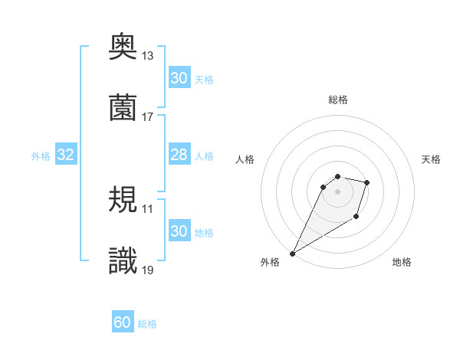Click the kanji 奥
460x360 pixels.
pos(123,47)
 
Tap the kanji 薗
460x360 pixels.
pos(123,108)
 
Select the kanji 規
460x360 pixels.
pos(123,201)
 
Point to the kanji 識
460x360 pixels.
pos(123,261)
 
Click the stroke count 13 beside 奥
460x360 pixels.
pos(148,56)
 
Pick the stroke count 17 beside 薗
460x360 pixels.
pos(148,116)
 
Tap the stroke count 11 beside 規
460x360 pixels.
pos(148,208)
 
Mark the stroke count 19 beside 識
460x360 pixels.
pos(148,270)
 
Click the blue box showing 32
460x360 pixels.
pos(66,155)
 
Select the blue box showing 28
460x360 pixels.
pos(179,155)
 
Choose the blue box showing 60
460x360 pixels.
pos(123,323)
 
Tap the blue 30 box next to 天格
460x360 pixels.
pos(179,78)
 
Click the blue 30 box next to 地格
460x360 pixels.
pos(179,231)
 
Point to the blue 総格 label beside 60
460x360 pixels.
pos(147,324)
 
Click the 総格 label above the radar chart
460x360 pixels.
pos(338,100)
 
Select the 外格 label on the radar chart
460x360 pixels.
pos(270,262)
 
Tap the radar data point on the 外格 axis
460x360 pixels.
pos(292,253)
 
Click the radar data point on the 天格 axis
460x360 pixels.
pos(367,182)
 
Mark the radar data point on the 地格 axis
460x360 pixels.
pos(356,217)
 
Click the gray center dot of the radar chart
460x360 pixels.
pos(337,191)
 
